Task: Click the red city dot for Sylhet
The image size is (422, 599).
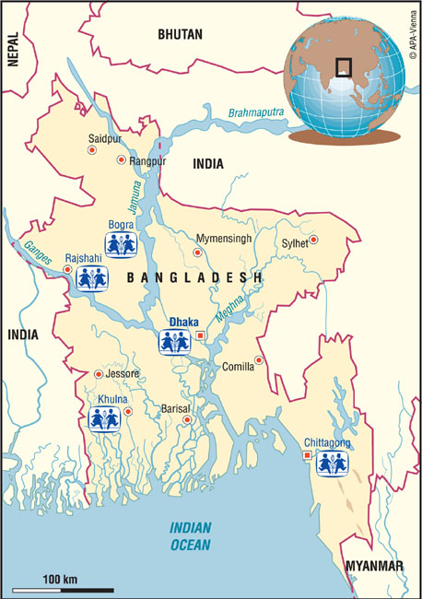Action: tap(313, 240)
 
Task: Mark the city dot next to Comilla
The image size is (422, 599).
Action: tap(259, 360)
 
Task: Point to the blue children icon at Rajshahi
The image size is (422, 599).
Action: tap(91, 277)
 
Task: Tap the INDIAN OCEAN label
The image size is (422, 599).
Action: tap(191, 535)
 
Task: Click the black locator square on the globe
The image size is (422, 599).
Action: tap(343, 66)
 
